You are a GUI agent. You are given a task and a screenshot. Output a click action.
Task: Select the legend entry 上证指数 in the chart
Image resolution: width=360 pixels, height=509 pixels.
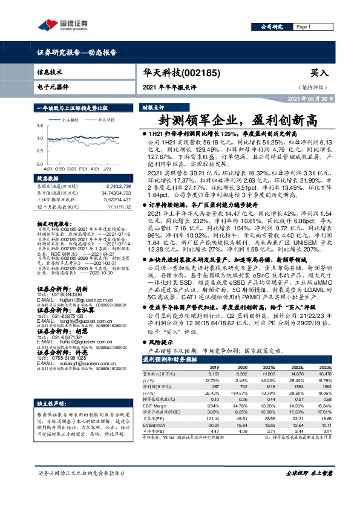coord(71,120)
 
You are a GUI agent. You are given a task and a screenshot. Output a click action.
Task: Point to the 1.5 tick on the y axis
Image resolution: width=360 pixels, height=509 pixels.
coord(40,125)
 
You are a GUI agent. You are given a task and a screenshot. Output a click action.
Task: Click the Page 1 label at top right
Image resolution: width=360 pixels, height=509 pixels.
coord(303,27)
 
